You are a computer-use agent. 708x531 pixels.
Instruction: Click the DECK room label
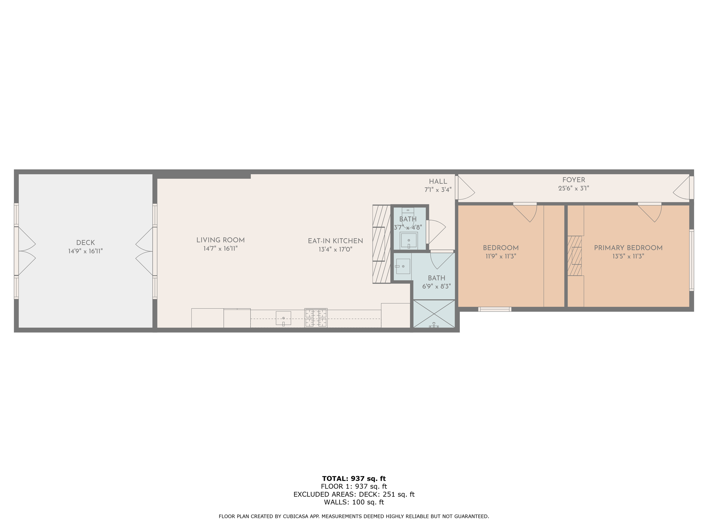86,243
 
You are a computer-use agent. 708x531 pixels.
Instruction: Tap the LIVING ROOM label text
221,240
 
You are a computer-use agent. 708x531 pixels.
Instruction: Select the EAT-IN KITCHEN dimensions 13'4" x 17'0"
335,249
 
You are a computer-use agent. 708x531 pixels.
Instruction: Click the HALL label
438,182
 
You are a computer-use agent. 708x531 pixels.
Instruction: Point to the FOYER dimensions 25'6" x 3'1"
573,189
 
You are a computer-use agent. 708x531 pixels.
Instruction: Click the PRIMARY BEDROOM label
628,248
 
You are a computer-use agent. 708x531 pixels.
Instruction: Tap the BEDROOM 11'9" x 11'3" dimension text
501,256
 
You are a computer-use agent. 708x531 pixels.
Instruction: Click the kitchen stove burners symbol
316,317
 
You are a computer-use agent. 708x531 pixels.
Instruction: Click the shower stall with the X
434,314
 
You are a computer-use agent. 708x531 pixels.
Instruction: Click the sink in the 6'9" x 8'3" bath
403,266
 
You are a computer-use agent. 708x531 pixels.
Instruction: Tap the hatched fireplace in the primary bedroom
575,256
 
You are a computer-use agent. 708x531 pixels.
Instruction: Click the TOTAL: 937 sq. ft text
354,479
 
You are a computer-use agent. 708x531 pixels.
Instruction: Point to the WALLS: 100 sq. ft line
354,502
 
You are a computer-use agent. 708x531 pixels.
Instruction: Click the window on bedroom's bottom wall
494,309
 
